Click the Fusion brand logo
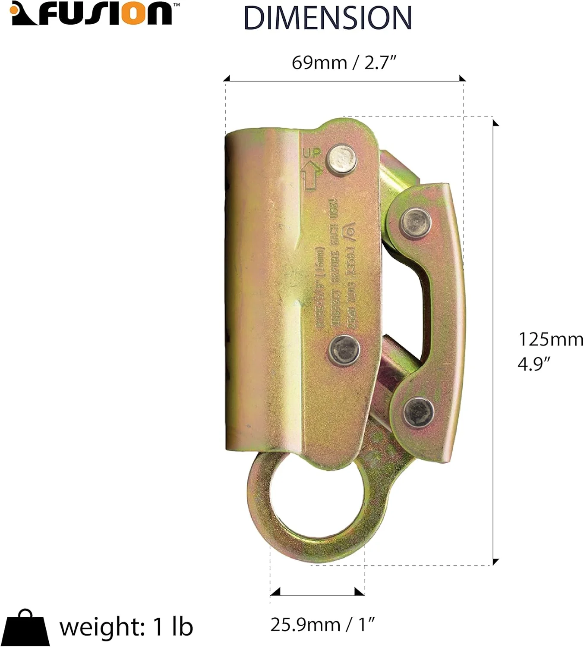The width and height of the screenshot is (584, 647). pos(92,14)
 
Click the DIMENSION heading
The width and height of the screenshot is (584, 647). pos(328,18)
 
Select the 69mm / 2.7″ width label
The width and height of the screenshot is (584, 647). pos(344,63)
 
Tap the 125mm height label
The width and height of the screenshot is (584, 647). pos(550,339)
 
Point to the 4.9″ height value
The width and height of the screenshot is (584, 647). pos(534,364)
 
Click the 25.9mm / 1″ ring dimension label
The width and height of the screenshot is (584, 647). pos(322,624)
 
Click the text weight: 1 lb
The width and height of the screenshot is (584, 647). pos(126,627)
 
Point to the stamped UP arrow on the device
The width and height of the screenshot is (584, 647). pos(312,170)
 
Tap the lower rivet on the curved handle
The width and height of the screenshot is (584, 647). pos(418,412)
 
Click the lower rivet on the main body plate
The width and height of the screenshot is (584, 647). pos(344,349)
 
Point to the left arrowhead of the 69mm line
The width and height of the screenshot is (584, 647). pos(227,79)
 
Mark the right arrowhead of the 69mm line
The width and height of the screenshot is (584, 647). pos(462,79)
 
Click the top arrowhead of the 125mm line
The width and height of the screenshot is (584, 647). pos(496,123)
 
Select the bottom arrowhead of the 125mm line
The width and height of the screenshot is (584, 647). pos(496,561)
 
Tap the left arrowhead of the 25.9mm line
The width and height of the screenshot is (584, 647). pos(275,591)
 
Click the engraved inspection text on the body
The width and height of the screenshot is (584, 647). pos(334,267)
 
